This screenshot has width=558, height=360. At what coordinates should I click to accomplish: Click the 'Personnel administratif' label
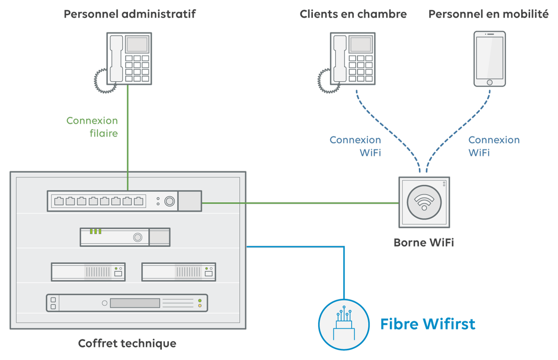129,14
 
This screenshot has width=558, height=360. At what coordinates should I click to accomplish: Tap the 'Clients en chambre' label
353,14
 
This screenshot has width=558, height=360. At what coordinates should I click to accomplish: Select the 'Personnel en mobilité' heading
488,14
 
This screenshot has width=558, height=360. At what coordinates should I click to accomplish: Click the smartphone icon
489,59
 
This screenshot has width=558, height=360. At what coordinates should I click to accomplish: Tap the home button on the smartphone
489,82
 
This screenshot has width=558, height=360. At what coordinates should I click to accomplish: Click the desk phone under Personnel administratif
129,59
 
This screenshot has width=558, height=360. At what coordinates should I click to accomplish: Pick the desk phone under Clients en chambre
353,59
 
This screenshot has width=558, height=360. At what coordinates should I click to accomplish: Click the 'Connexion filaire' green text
92,127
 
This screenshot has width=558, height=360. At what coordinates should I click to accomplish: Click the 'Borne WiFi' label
424,243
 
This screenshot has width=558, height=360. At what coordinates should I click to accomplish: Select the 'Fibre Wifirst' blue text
428,324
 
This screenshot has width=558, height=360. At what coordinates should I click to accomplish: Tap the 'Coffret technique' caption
127,343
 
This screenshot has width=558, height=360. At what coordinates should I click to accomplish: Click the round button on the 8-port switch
170,201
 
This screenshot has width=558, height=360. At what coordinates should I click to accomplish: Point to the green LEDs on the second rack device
95,232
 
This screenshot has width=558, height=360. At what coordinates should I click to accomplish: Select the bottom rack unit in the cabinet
127,303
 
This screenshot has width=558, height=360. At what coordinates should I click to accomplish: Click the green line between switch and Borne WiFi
300,202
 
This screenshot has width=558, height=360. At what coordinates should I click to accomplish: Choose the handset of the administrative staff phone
116,59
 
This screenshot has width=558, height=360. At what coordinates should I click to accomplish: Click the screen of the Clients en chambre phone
361,45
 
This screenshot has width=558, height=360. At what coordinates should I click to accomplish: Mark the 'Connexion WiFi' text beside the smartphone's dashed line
494,146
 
